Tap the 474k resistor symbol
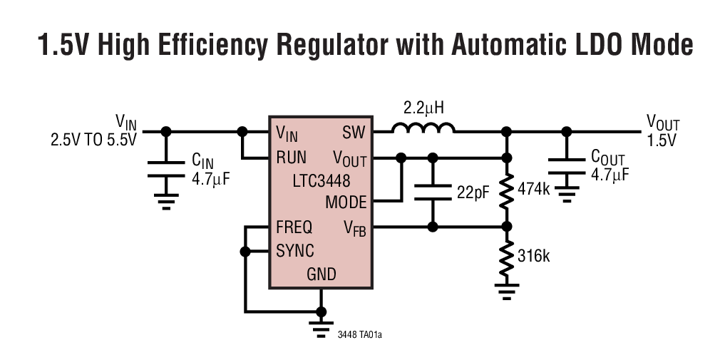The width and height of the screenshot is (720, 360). [x=506, y=191]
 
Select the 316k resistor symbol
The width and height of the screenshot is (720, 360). [x=506, y=257]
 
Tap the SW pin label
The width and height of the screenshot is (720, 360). [x=354, y=133]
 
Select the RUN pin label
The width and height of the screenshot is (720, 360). [x=292, y=157]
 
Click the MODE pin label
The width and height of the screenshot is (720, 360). [x=345, y=202]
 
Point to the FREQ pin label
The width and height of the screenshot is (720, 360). [x=294, y=228]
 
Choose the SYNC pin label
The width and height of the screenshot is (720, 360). [x=294, y=252]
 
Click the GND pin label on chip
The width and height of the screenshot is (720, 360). [x=321, y=274]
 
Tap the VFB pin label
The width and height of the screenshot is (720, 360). [x=354, y=229]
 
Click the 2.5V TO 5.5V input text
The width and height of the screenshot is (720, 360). [x=93, y=140]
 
